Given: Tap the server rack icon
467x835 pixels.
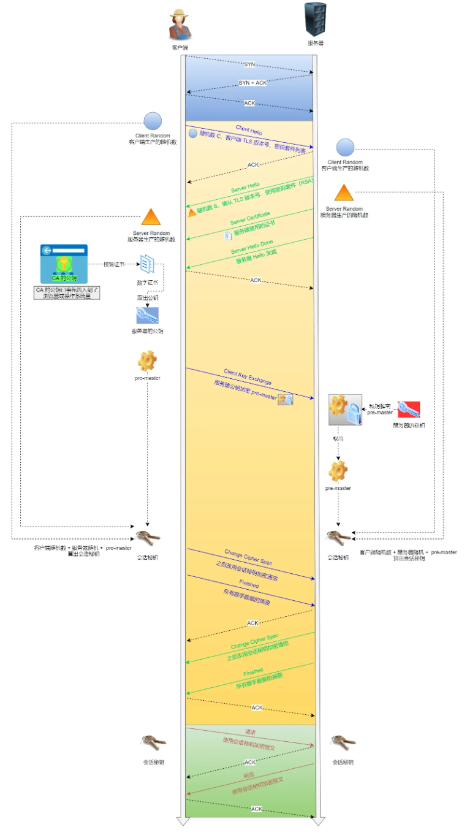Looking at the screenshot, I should (x=315, y=20).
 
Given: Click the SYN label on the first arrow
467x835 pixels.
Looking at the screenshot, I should (x=249, y=64).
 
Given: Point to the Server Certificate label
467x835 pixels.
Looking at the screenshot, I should (x=250, y=217).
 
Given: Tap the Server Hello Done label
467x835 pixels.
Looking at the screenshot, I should (x=252, y=246).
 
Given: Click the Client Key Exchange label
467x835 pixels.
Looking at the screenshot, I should (x=247, y=377).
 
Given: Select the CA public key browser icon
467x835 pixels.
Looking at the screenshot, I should (x=64, y=264).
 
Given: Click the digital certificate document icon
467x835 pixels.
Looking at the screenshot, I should (x=147, y=264).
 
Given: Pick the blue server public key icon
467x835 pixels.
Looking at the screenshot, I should (x=147, y=315).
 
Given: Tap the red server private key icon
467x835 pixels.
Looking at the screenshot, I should (x=409, y=409).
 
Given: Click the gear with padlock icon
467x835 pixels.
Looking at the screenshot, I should (x=344, y=410).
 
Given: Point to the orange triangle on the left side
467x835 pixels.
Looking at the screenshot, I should (x=151, y=217).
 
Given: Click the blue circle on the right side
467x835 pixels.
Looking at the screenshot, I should (x=345, y=147).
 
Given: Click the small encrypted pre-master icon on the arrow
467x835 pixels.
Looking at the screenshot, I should (x=286, y=400).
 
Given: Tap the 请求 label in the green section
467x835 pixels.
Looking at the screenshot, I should (x=251, y=732).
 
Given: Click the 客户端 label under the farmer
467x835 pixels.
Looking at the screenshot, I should (x=180, y=47).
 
